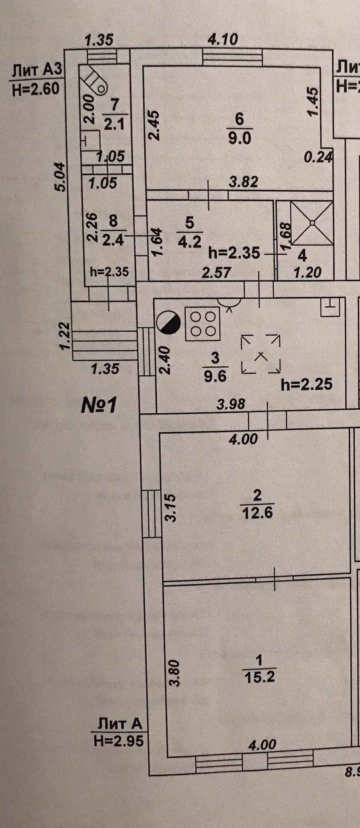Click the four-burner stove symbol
[x=202, y=324]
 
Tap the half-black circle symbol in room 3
[x=168, y=323]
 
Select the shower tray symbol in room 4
[x=312, y=222]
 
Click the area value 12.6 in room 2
[x=257, y=513]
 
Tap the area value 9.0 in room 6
[x=240, y=138]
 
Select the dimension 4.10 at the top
[x=223, y=40]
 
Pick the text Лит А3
[x=37, y=70]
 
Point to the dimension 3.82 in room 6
[x=243, y=182]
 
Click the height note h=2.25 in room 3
[x=306, y=384]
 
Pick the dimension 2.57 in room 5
[x=216, y=272]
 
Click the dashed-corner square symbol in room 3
[x=261, y=354]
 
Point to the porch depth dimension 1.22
[x=64, y=336]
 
